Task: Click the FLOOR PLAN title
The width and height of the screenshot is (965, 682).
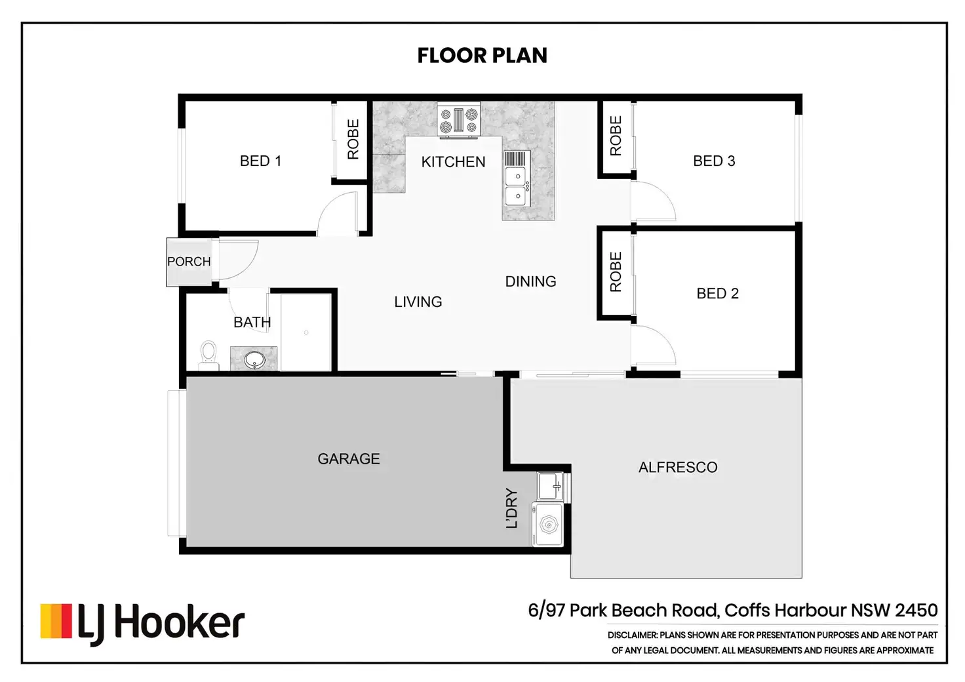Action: [x=482, y=56]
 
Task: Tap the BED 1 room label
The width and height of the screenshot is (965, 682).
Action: [x=261, y=161]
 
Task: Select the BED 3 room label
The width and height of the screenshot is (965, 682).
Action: [x=714, y=161]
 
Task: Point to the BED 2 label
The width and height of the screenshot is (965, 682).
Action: [x=717, y=293]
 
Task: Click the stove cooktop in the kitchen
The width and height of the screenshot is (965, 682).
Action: [x=459, y=121]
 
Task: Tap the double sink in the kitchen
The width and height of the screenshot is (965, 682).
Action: [x=517, y=179]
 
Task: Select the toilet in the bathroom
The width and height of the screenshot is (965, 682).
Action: [x=209, y=356]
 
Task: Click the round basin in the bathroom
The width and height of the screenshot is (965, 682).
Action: [x=254, y=360]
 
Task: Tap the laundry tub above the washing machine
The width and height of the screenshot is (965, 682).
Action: [x=551, y=486]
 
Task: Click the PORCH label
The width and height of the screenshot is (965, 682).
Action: [x=189, y=262]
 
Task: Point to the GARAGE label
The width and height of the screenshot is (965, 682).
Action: [x=349, y=459]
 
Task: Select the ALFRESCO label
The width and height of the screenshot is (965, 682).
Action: [x=678, y=468]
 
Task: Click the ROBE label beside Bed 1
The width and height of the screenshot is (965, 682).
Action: [x=353, y=140]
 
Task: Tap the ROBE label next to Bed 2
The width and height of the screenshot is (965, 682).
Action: [x=616, y=272]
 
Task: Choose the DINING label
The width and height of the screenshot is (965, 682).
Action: [x=530, y=282]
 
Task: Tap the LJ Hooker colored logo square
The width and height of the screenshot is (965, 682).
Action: [x=56, y=621]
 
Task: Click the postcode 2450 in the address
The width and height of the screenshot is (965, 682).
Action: [x=916, y=611]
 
